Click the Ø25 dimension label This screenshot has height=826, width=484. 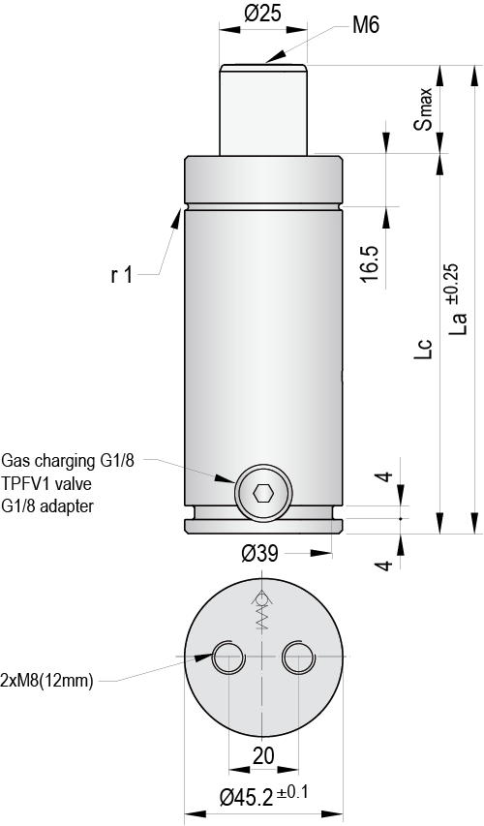point(261,14)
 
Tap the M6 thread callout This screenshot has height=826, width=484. point(365,26)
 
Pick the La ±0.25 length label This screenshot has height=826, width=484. point(459,306)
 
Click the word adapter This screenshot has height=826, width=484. point(68,505)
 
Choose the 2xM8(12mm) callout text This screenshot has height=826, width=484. point(47,681)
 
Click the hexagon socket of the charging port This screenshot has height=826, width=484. point(262,494)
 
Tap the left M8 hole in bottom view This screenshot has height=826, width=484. point(229,658)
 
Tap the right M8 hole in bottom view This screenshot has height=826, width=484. point(296,658)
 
